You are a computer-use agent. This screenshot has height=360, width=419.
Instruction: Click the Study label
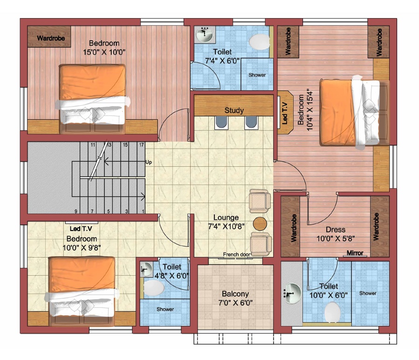[234, 110]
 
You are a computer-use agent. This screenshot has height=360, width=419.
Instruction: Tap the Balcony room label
[235, 294]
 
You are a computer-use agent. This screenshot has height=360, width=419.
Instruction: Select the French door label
[236, 254]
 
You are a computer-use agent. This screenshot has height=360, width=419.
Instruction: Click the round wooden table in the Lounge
[260, 224]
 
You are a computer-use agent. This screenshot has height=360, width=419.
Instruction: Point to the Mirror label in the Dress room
[355, 252]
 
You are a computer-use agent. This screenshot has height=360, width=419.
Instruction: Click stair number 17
[141, 145]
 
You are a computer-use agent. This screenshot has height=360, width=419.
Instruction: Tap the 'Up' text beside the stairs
[149, 162]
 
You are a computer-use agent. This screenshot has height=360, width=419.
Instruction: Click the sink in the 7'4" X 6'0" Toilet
[205, 34]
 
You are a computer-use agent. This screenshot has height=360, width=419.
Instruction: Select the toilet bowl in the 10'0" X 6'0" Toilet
[332, 312]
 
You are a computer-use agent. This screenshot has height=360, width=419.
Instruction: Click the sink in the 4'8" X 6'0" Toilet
[146, 269]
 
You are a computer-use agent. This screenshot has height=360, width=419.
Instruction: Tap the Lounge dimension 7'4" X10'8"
[227, 226]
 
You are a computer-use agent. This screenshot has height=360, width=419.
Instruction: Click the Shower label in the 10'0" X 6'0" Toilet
[368, 293]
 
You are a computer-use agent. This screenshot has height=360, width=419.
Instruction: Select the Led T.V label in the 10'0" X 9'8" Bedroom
[81, 229]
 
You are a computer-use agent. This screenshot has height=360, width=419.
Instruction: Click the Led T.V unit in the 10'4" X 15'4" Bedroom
[285, 112]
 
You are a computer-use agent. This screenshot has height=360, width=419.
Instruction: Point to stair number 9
[76, 211]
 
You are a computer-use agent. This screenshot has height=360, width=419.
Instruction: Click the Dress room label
[336, 230]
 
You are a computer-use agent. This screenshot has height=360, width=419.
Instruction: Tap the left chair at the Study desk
[221, 122]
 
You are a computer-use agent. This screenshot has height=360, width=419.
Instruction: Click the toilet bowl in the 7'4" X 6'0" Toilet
[260, 41]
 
